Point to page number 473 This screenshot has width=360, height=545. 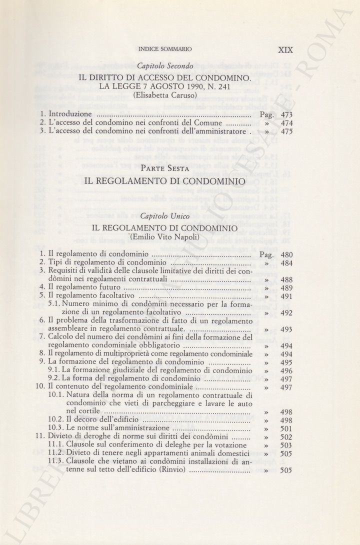click(286, 114)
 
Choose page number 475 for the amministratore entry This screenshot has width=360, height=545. click(286, 132)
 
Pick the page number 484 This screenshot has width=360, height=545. click(286, 262)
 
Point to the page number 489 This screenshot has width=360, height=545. click(286, 288)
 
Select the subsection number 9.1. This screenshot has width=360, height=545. click(54, 370)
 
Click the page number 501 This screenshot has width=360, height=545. click(286, 429)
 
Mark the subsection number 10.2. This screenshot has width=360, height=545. click(56, 420)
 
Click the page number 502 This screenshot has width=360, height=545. click(286, 437)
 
